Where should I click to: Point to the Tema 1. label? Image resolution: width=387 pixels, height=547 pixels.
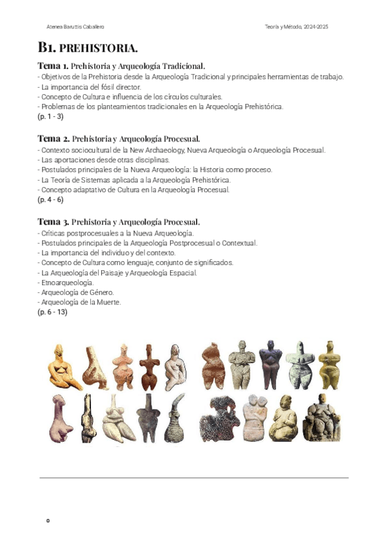(52, 66)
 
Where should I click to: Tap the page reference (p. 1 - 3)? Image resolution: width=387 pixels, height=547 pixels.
(50, 117)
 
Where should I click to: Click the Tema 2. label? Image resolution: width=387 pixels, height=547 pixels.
(52, 138)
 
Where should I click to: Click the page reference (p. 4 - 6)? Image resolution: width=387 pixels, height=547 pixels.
(50, 200)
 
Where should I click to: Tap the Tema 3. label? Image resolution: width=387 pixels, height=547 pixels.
(52, 221)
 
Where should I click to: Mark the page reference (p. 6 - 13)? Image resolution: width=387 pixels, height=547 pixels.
(52, 312)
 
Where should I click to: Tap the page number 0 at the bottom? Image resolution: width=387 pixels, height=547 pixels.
(48, 520)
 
